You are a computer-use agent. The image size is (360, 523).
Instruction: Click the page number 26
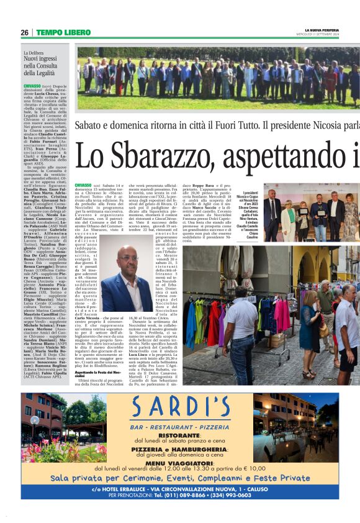pyautogui.click(x=25, y=32)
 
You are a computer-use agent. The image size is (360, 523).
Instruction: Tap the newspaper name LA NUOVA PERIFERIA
pyautogui.click(x=322, y=30)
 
